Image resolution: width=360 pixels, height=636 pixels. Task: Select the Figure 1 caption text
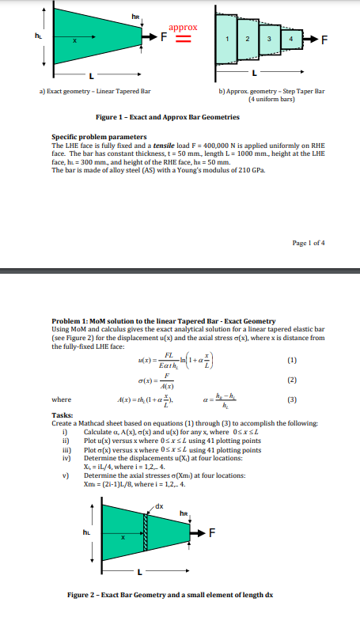pos(180,116)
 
